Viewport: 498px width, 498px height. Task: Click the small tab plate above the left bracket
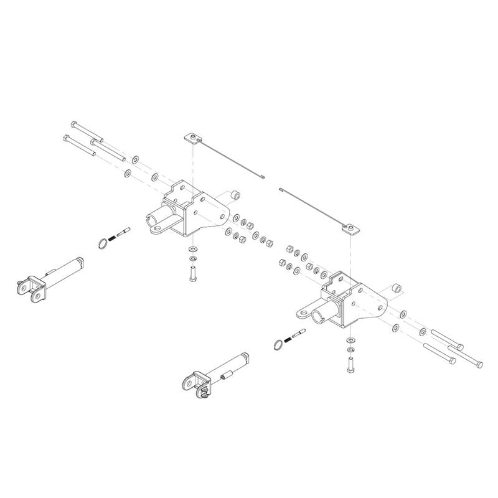coord(194,137)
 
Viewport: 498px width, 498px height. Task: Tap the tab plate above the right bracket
coord(352,230)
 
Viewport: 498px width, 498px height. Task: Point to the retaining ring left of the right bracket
coord(279,344)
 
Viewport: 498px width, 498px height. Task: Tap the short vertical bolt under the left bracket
coord(192,271)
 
